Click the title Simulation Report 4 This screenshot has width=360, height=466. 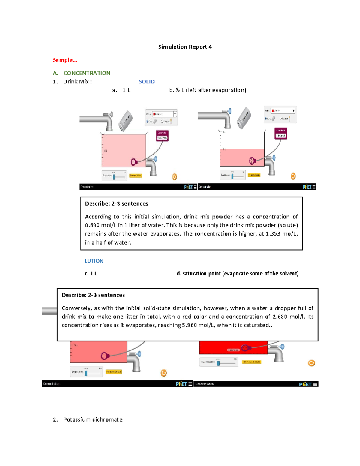pyautogui.click(x=185, y=47)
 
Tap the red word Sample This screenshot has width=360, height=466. pyautogui.click(x=65, y=60)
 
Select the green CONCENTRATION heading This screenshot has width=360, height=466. pyautogui.click(x=87, y=73)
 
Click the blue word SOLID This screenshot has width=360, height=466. pyautogui.click(x=147, y=82)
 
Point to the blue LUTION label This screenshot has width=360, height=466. pyautogui.click(x=94, y=261)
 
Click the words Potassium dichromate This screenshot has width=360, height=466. pyautogui.click(x=93, y=419)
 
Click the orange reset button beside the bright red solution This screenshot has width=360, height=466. pyautogui.click(x=311, y=363)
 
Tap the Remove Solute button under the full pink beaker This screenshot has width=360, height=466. pyautogui.click(x=135, y=176)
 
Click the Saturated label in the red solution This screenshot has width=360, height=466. pyautogui.click(x=233, y=350)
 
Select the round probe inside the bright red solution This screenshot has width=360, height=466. pyautogui.click(x=245, y=348)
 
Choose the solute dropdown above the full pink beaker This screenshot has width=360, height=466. pyautogui.click(x=164, y=114)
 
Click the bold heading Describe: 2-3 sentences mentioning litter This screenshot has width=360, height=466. pyautogui.click(x=93, y=295)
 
